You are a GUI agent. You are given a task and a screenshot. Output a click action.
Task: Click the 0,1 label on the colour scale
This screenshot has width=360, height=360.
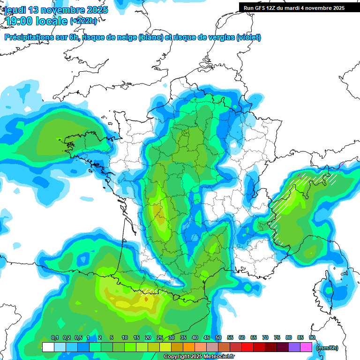click(x=55, y=338)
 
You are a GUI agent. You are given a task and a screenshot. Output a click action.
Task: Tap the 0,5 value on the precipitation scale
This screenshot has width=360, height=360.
click(x=78, y=338)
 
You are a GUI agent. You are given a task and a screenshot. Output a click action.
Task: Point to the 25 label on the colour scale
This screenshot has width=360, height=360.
click(x=160, y=338)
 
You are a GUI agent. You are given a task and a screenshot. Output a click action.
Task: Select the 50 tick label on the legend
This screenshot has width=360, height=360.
click(x=218, y=338)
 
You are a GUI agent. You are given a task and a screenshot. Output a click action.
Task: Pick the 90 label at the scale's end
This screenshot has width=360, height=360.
click(x=312, y=338)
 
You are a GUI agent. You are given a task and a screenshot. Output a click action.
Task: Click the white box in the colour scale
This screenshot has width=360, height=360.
click(x=48, y=347)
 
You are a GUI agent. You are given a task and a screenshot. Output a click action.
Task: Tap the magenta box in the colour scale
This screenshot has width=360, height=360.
click(x=306, y=347)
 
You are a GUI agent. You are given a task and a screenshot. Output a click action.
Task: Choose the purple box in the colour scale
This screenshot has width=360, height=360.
click(x=294, y=347)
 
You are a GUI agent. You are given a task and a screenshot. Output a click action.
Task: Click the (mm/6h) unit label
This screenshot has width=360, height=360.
click(x=328, y=348)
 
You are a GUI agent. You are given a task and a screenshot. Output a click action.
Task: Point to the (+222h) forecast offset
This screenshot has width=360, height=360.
click(x=84, y=21)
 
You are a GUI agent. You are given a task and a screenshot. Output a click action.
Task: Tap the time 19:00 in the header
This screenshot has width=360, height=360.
click(x=20, y=21)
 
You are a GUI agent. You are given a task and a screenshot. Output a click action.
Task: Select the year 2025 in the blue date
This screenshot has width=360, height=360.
click(x=97, y=10)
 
